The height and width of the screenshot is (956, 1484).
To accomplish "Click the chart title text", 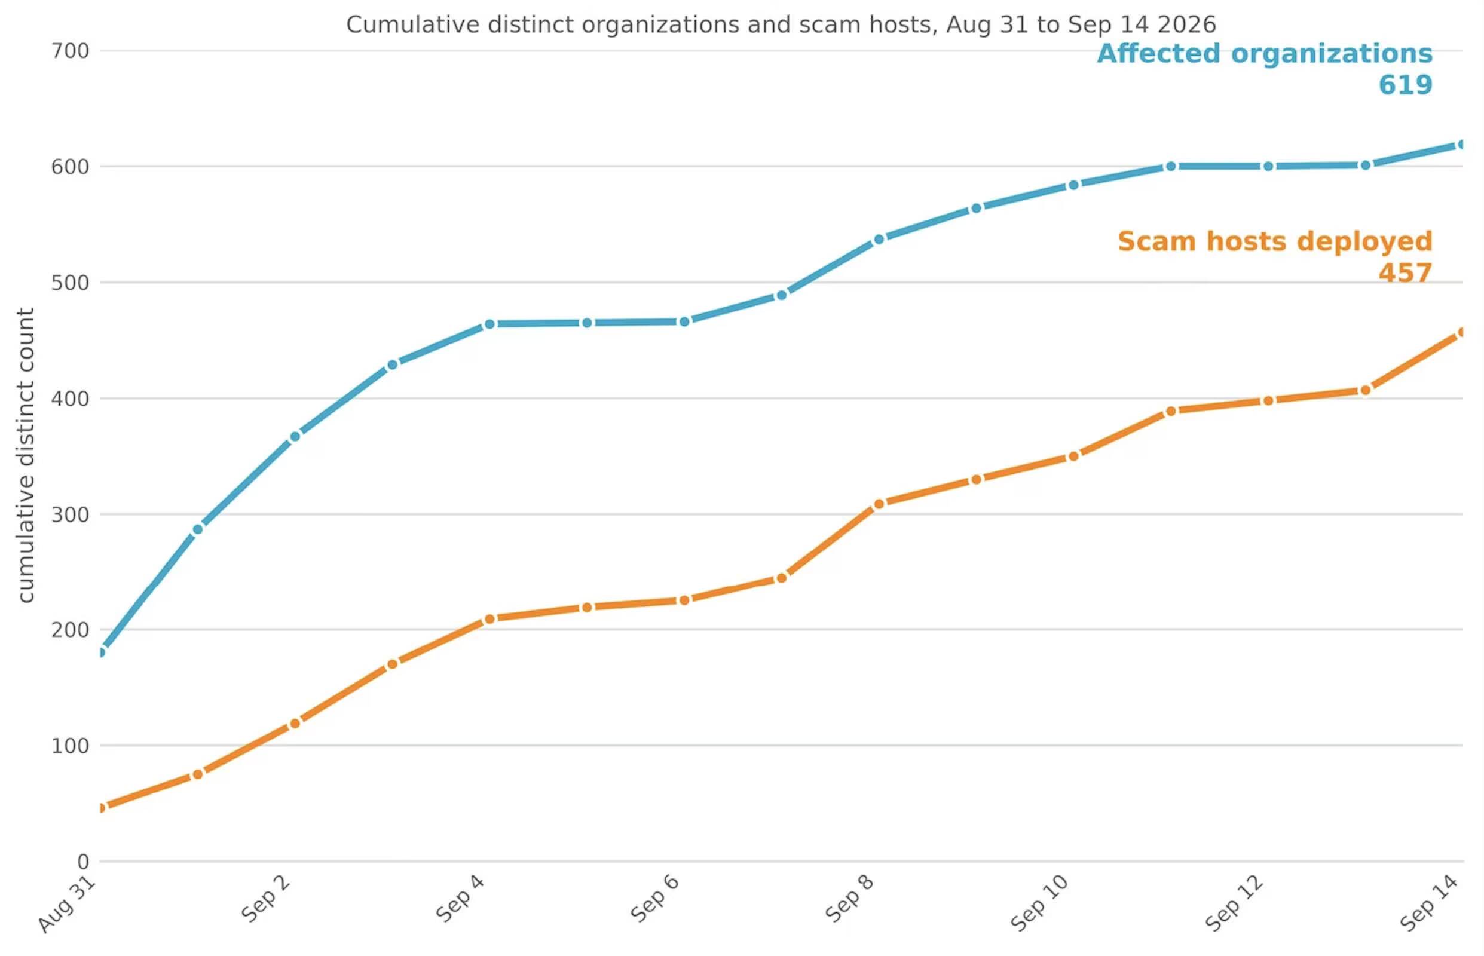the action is [781, 25].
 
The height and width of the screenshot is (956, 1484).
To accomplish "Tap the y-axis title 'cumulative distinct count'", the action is [26, 455].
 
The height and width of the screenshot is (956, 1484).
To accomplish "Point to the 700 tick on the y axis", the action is [70, 51].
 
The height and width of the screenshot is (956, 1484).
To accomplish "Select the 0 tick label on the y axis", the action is [83, 862].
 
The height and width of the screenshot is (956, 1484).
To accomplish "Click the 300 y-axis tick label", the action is [70, 514].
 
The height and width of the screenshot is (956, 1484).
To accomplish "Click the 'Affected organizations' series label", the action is [1265, 54].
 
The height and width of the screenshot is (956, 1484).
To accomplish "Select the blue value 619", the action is [1406, 85].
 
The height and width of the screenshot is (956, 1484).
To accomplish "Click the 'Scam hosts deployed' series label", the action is [1275, 241].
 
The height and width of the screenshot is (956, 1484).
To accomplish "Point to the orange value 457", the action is [1405, 273].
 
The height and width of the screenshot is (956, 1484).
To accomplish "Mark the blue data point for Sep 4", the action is [489, 324].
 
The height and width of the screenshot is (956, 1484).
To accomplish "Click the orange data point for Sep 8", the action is [879, 504].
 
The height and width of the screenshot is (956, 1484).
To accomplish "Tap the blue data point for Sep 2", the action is [295, 436].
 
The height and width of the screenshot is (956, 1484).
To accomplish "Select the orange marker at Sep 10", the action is [1073, 456].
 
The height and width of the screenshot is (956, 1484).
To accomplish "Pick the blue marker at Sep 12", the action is [1268, 166].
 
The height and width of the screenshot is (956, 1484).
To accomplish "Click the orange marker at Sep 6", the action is [684, 600].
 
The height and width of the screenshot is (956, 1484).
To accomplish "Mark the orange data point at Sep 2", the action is [295, 723].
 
